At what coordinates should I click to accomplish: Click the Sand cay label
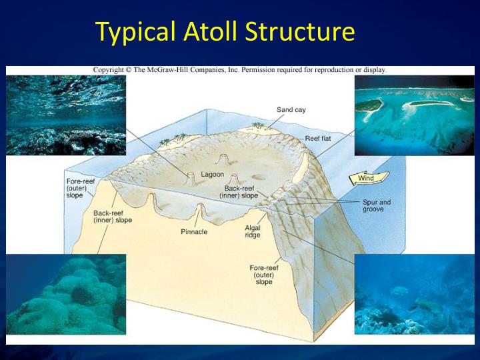[x=291, y=110]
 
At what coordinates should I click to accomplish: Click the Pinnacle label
[x=194, y=231]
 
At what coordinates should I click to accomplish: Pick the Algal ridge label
[x=252, y=231]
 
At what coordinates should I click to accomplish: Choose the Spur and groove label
[x=377, y=205]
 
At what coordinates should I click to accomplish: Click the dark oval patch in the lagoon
[x=257, y=177]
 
